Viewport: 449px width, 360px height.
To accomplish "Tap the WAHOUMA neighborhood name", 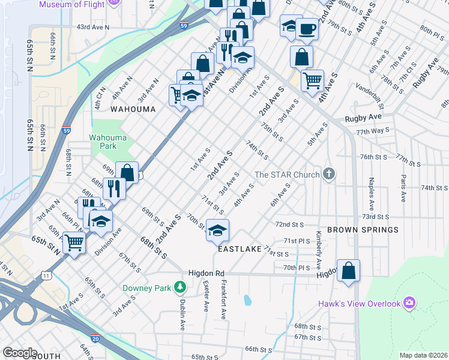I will click(133, 109).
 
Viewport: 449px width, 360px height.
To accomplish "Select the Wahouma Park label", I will click(107, 141).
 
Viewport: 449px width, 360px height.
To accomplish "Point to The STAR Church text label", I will click(286, 175).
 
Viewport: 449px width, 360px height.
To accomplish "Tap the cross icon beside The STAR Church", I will click(328, 174).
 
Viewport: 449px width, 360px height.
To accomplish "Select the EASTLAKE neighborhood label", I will click(240, 248).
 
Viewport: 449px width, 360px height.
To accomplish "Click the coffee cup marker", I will click(307, 28).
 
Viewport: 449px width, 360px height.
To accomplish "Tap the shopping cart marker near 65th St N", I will click(74, 242).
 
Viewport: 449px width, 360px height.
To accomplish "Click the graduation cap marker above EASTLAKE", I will click(217, 229).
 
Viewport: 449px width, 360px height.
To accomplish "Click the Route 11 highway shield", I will click(46, 275).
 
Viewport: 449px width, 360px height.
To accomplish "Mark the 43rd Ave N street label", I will click(93, 27).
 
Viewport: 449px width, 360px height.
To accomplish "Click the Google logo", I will click(20, 353).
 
